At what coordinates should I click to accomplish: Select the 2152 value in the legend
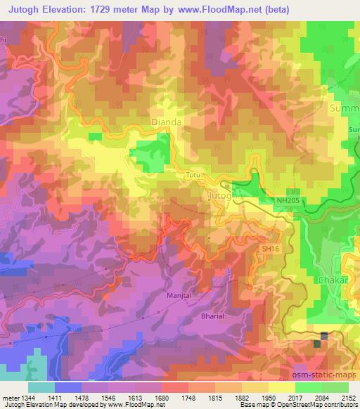click(x=348, y=397)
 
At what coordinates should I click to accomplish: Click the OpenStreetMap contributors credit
click(x=320, y=405)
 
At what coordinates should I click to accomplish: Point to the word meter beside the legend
click(x=8, y=397)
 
